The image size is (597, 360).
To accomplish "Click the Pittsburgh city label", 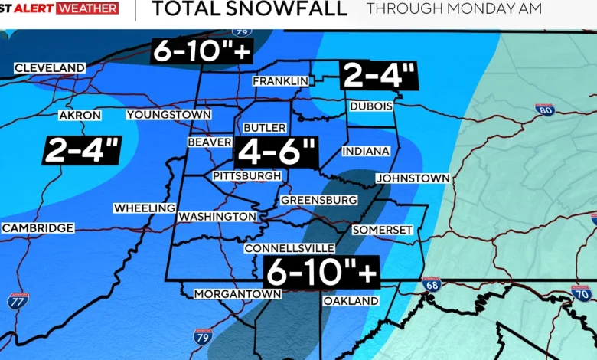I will tap(246, 176).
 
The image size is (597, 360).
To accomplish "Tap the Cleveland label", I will tap(50, 68).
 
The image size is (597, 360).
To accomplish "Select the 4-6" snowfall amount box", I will tap(276, 152).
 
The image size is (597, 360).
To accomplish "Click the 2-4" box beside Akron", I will tap(82, 149).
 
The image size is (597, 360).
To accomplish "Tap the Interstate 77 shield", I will tap(18, 300).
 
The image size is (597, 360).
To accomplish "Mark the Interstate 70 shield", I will tap(581, 293).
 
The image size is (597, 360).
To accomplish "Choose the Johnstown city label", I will tap(413, 178).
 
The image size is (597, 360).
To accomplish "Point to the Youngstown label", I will tap(168, 115).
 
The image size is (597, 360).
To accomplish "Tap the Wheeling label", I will tap(145, 208).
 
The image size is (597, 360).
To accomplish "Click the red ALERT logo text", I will tap(38, 8).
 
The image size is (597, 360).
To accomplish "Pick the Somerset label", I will tap(383, 230).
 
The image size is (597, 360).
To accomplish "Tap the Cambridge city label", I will tap(38, 228).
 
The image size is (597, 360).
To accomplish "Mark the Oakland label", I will tap(351, 301).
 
